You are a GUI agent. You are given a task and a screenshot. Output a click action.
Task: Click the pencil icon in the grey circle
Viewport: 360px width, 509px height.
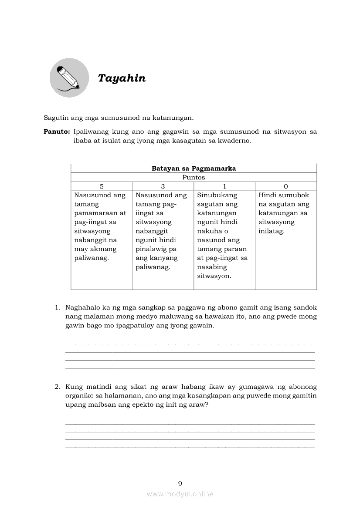[69, 78]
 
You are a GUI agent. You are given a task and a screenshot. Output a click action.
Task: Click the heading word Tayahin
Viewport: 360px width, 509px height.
[122, 78]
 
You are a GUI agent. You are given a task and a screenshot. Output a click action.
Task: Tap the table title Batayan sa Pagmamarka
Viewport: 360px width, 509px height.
[194, 169]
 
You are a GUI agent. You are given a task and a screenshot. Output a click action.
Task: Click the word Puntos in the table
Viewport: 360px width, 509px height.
[194, 177]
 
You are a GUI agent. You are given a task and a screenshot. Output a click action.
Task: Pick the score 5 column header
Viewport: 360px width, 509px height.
[102, 186]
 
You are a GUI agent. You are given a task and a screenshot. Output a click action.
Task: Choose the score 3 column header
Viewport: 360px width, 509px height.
[163, 186]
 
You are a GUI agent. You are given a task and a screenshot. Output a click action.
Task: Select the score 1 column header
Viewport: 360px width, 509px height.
[224, 186]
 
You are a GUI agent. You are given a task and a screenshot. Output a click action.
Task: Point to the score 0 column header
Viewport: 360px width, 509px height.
[285, 186]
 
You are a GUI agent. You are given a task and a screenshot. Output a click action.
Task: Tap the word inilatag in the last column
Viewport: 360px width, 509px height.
[271, 231]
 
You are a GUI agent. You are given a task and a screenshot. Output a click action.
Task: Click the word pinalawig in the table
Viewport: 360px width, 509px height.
[152, 249]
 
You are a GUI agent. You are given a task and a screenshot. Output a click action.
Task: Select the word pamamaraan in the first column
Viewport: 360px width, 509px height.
[100, 213]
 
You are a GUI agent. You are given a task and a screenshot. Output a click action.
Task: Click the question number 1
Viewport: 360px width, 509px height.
[57, 307]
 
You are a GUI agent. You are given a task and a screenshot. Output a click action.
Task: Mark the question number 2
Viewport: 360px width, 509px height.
[57, 387]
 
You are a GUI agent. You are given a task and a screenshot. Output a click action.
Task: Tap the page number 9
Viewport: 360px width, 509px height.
[180, 483]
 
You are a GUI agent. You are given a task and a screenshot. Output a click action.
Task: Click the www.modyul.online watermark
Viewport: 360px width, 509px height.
[180, 494]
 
